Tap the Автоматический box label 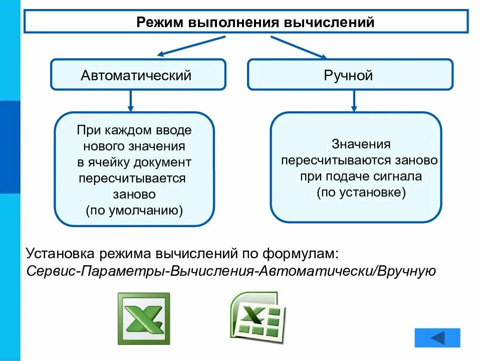pos(136,75)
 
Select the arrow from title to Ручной pos(299,47)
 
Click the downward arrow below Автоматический pos(131,100)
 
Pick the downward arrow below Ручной pos(354,100)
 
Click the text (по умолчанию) pos(134,210)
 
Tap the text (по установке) pos(361,193)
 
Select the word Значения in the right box pos(361,144)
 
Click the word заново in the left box pos(134,194)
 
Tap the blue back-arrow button pos(437,337)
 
